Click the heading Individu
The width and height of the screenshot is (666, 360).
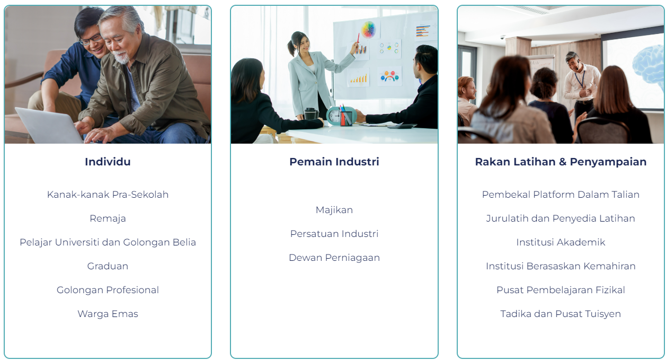[x=108, y=162]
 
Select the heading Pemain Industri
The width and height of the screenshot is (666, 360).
[x=334, y=162]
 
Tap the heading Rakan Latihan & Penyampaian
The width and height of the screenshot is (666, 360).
[x=561, y=162]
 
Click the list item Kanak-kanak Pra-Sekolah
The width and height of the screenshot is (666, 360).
[x=108, y=195]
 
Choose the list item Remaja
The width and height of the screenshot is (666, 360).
[x=108, y=218]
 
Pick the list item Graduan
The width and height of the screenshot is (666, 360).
[x=108, y=266]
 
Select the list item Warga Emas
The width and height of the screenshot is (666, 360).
[x=108, y=314]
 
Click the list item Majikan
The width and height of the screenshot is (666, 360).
[x=334, y=210]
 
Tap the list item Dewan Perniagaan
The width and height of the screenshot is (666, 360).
[x=334, y=258]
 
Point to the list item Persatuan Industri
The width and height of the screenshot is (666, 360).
[x=334, y=234]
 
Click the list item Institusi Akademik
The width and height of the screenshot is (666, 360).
[x=561, y=242]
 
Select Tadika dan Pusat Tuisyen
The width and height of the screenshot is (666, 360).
[x=561, y=314]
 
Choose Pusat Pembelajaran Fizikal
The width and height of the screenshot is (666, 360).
[x=561, y=290]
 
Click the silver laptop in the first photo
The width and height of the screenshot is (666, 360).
[x=49, y=126]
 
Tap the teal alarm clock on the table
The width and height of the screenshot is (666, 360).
[x=335, y=116]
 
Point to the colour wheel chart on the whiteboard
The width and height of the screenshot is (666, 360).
[x=368, y=30]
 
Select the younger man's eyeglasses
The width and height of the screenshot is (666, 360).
[x=91, y=39]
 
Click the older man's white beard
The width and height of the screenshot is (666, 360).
[x=122, y=57]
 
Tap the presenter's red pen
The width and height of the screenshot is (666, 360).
[x=358, y=39]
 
